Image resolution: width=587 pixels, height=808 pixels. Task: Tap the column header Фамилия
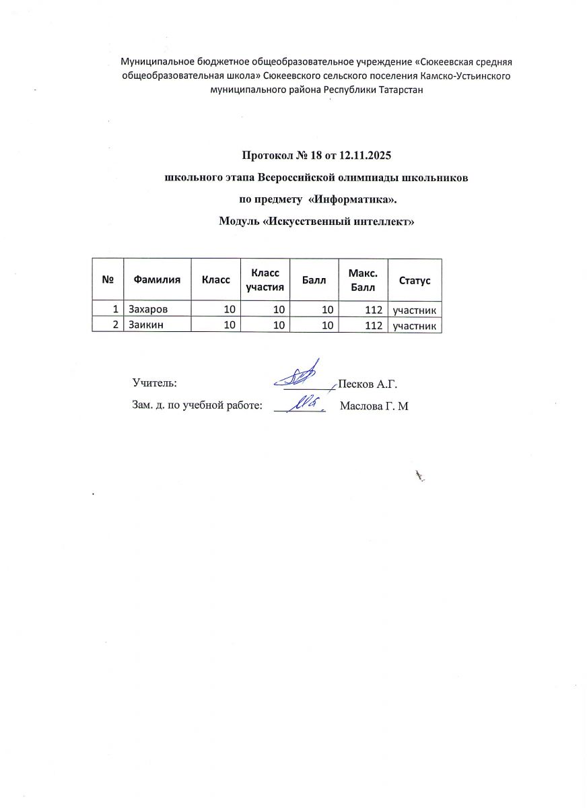[158, 279]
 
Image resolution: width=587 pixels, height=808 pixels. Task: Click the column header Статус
[415, 279]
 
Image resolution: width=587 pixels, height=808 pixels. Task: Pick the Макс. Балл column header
[363, 279]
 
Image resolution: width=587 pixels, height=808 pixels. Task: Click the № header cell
[108, 279]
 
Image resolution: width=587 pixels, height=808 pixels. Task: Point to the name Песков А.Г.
[368, 384]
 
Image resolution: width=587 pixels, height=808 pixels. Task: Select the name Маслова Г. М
[375, 406]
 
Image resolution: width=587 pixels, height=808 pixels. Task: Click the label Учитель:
[155, 383]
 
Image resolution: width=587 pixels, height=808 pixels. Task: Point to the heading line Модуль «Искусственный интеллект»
[315, 222]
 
